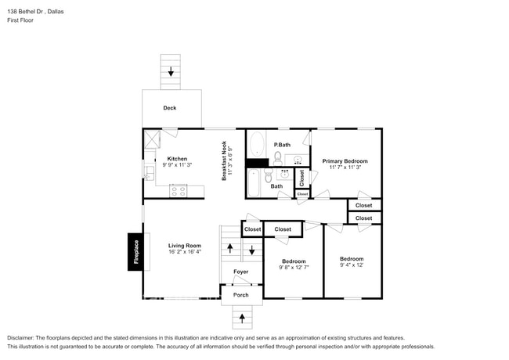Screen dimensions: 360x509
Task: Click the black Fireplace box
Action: pos(135,252)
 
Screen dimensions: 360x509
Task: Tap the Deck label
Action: pos(169,108)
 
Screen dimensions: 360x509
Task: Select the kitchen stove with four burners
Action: pos(178,189)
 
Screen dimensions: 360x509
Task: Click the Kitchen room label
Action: pos(176,159)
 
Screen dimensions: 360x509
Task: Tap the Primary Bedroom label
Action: pos(345,160)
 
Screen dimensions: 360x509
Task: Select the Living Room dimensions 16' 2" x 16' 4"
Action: pos(184,252)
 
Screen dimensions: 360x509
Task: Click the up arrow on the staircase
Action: pos(229,247)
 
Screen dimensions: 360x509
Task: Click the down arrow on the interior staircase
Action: pos(251,251)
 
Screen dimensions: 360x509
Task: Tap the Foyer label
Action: pos(240,272)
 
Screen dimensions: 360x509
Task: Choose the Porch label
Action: pos(240,295)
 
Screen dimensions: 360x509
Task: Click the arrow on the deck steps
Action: pos(171,71)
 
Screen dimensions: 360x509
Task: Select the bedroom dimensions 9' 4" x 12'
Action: pos(351,266)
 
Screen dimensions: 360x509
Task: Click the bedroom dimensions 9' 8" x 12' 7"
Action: pos(294,268)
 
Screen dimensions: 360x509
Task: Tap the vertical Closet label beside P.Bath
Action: pos(301,177)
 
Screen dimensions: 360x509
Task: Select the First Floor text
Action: pos(20,20)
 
